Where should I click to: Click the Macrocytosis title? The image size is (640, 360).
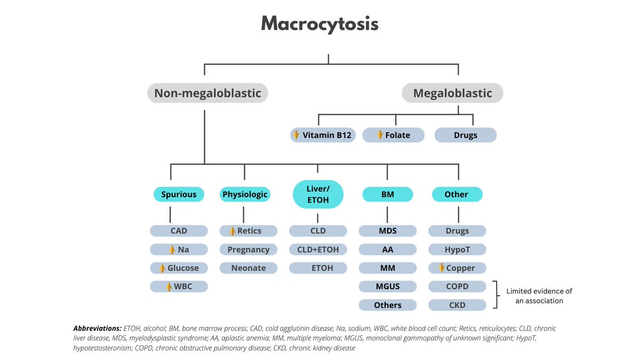[x=319, y=24]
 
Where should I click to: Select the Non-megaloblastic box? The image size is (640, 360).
[x=207, y=93]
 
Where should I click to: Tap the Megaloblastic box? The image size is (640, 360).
[x=452, y=93]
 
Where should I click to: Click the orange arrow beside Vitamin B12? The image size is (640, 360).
[x=297, y=135]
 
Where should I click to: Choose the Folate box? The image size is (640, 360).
[x=394, y=135]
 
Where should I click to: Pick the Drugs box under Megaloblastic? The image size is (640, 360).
[x=465, y=135]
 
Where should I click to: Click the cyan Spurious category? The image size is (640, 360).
[x=179, y=195]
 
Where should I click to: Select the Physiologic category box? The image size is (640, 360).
[x=245, y=195]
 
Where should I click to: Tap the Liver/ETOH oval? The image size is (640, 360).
[x=318, y=195]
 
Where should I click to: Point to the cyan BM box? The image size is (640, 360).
[x=388, y=195]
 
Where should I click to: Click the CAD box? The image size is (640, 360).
[x=179, y=231]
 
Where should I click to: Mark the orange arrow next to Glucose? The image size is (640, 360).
[x=162, y=268]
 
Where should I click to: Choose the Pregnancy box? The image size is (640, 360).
[x=249, y=250]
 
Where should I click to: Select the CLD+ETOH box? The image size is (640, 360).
[x=318, y=250]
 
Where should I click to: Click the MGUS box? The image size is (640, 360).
[x=388, y=286]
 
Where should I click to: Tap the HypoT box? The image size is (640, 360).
[x=457, y=250]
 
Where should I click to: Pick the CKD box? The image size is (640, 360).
[x=457, y=305]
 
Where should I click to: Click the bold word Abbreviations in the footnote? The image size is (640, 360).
[x=97, y=329]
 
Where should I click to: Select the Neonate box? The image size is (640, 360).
[x=249, y=268]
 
